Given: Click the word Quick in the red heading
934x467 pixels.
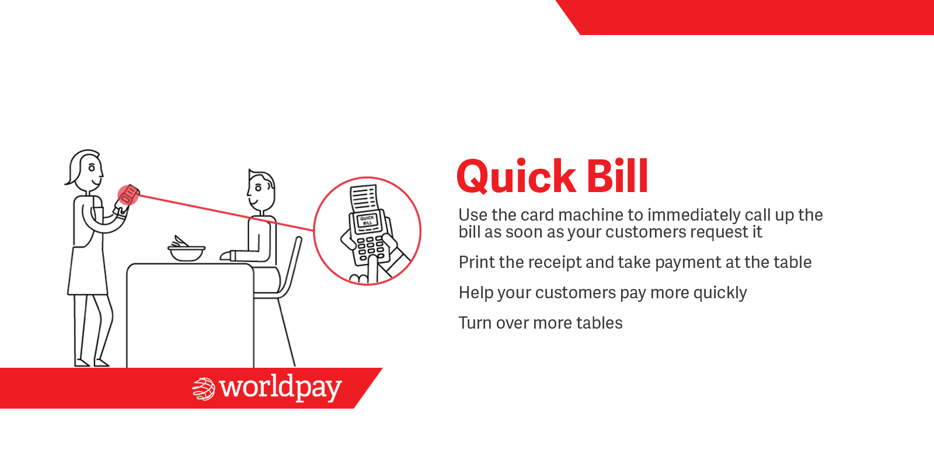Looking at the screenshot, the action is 516,177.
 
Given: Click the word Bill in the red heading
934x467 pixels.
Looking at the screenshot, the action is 618,176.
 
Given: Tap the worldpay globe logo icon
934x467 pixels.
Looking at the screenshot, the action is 204,389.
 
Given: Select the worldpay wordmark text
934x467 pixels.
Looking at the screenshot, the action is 281,388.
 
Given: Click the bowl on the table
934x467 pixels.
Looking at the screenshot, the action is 186,253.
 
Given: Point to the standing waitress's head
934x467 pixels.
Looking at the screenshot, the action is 85,168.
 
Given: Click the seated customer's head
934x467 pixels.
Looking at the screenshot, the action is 261,190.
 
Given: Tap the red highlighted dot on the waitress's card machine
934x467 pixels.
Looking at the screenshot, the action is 128,195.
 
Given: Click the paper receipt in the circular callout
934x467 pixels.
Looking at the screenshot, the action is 364,198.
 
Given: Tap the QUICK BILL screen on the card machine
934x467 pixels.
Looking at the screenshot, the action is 367,221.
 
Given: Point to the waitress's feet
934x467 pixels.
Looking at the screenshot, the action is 92,363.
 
